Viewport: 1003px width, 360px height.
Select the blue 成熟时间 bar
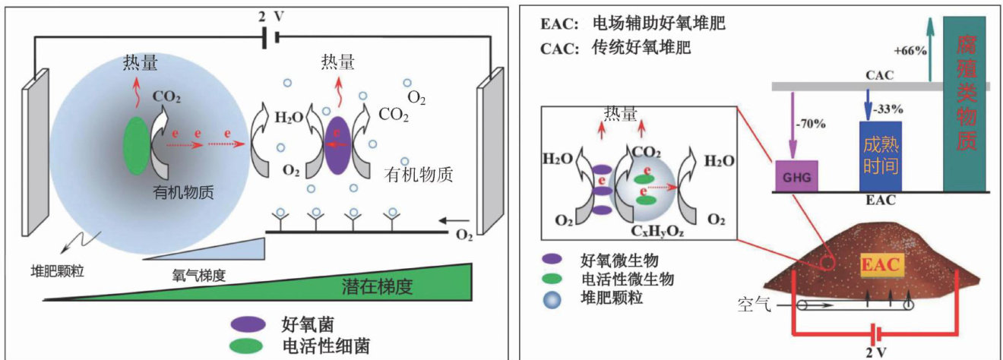[880, 155]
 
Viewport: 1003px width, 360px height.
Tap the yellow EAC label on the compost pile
[881, 267]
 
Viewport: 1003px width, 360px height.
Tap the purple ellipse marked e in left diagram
[336, 144]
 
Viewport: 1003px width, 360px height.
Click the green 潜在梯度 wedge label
[379, 286]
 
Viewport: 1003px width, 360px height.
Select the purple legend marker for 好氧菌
[245, 324]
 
